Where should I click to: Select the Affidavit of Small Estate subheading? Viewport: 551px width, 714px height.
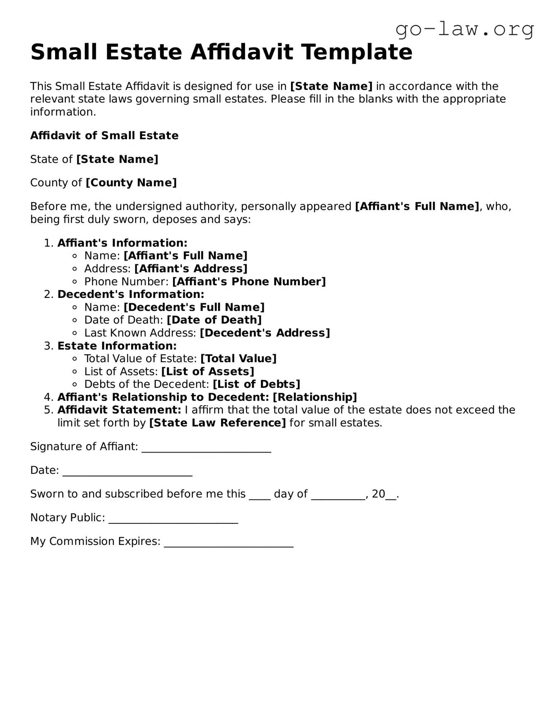pyautogui.click(x=104, y=136)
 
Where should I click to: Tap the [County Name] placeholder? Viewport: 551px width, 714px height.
pyautogui.click(x=131, y=183)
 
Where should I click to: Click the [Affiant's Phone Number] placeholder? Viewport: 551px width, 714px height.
pyautogui.click(x=249, y=282)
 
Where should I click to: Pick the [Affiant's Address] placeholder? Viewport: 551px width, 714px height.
pyautogui.click(x=191, y=269)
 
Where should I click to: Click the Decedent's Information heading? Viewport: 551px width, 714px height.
pyautogui.click(x=131, y=295)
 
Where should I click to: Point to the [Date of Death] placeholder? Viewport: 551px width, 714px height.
pyautogui.click(x=214, y=320)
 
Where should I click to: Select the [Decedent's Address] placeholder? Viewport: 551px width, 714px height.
pyautogui.click(x=265, y=333)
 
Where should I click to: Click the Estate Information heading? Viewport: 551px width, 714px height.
pyautogui.click(x=117, y=346)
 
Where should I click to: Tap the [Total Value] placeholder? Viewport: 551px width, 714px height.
pyautogui.click(x=238, y=359)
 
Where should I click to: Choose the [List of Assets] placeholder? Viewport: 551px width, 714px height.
pyautogui.click(x=207, y=372)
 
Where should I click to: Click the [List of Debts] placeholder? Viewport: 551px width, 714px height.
pyautogui.click(x=256, y=385)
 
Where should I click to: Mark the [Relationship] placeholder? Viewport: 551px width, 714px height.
pyautogui.click(x=315, y=397)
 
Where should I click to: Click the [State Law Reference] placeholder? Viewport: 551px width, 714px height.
pyautogui.click(x=217, y=423)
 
